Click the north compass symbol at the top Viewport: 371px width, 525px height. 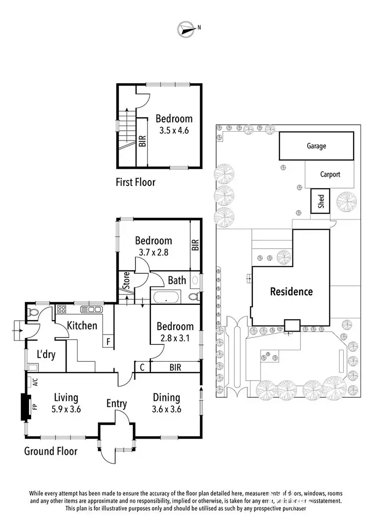click(186, 29)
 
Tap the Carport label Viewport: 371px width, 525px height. click(330, 174)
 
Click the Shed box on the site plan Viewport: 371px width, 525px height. click(321, 201)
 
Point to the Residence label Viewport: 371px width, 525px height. click(291, 291)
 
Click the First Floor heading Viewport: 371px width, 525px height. click(136, 182)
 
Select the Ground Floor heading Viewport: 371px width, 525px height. click(51, 451)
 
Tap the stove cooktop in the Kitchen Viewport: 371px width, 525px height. click(62, 310)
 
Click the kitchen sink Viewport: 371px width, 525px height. click(92, 310)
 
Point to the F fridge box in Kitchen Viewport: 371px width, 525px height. click(108, 341)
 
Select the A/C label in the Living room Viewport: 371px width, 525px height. click(35, 382)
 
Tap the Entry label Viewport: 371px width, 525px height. click(117, 404)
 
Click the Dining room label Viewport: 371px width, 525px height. click(166, 398)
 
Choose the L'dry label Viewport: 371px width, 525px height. click(46, 354)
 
